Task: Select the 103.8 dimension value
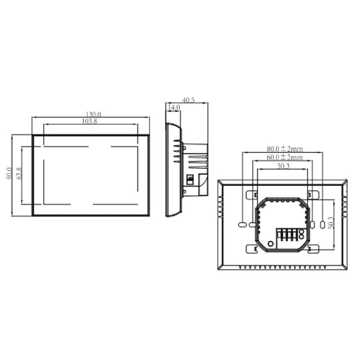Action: click(89, 121)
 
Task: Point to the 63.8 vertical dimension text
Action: click(19, 174)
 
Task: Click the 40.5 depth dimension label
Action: click(188, 101)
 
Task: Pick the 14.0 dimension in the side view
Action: click(174, 107)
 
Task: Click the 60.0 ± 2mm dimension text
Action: click(285, 157)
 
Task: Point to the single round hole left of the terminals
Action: click(270, 243)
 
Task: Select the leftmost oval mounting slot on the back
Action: click(242, 224)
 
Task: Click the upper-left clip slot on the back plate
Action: click(253, 195)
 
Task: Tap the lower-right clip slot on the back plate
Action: click(312, 248)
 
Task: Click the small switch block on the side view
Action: click(190, 179)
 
